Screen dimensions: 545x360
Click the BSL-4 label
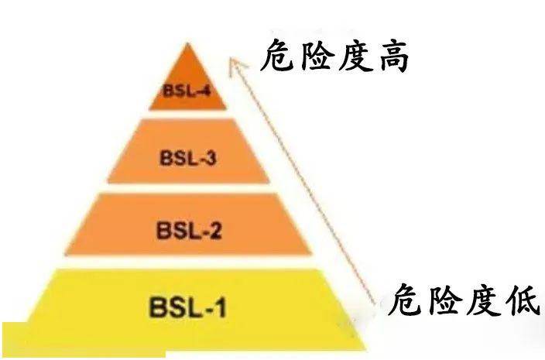pyautogui.click(x=187, y=91)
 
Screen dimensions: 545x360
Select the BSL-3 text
pyautogui.click(x=188, y=158)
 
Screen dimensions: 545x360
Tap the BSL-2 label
pyautogui.click(x=190, y=230)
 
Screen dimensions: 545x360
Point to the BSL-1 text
pyautogui.click(x=188, y=306)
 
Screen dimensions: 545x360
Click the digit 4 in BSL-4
pyautogui.click(x=205, y=91)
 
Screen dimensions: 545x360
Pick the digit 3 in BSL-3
pyautogui.click(x=210, y=158)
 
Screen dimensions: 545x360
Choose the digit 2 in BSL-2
pyautogui.click(x=215, y=230)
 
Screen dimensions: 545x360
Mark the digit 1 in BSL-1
pyautogui.click(x=221, y=306)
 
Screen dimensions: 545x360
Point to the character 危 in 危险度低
pyautogui.click(x=406, y=300)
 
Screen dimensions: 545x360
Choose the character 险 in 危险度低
pyautogui.click(x=444, y=300)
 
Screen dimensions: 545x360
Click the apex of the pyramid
pyautogui.click(x=187, y=43)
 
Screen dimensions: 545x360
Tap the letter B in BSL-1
pyautogui.click(x=156, y=306)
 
